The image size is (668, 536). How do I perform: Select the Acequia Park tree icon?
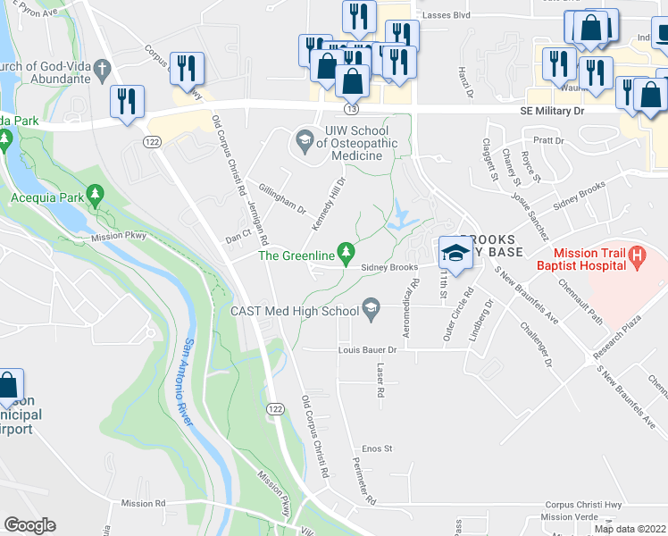pos(96,193)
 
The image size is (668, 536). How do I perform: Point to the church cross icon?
pos(102,69)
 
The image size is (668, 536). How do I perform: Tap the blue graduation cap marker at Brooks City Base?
pos(455,253)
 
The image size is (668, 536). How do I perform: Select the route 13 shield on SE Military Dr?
pos(352,109)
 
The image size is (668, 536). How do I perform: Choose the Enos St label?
pos(377,448)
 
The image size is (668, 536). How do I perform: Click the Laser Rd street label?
pos(380,381)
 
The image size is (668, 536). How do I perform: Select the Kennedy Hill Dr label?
pos(328,204)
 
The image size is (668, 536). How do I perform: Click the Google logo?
pos(29,525)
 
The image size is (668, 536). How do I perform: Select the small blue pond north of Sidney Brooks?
pos(400,214)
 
